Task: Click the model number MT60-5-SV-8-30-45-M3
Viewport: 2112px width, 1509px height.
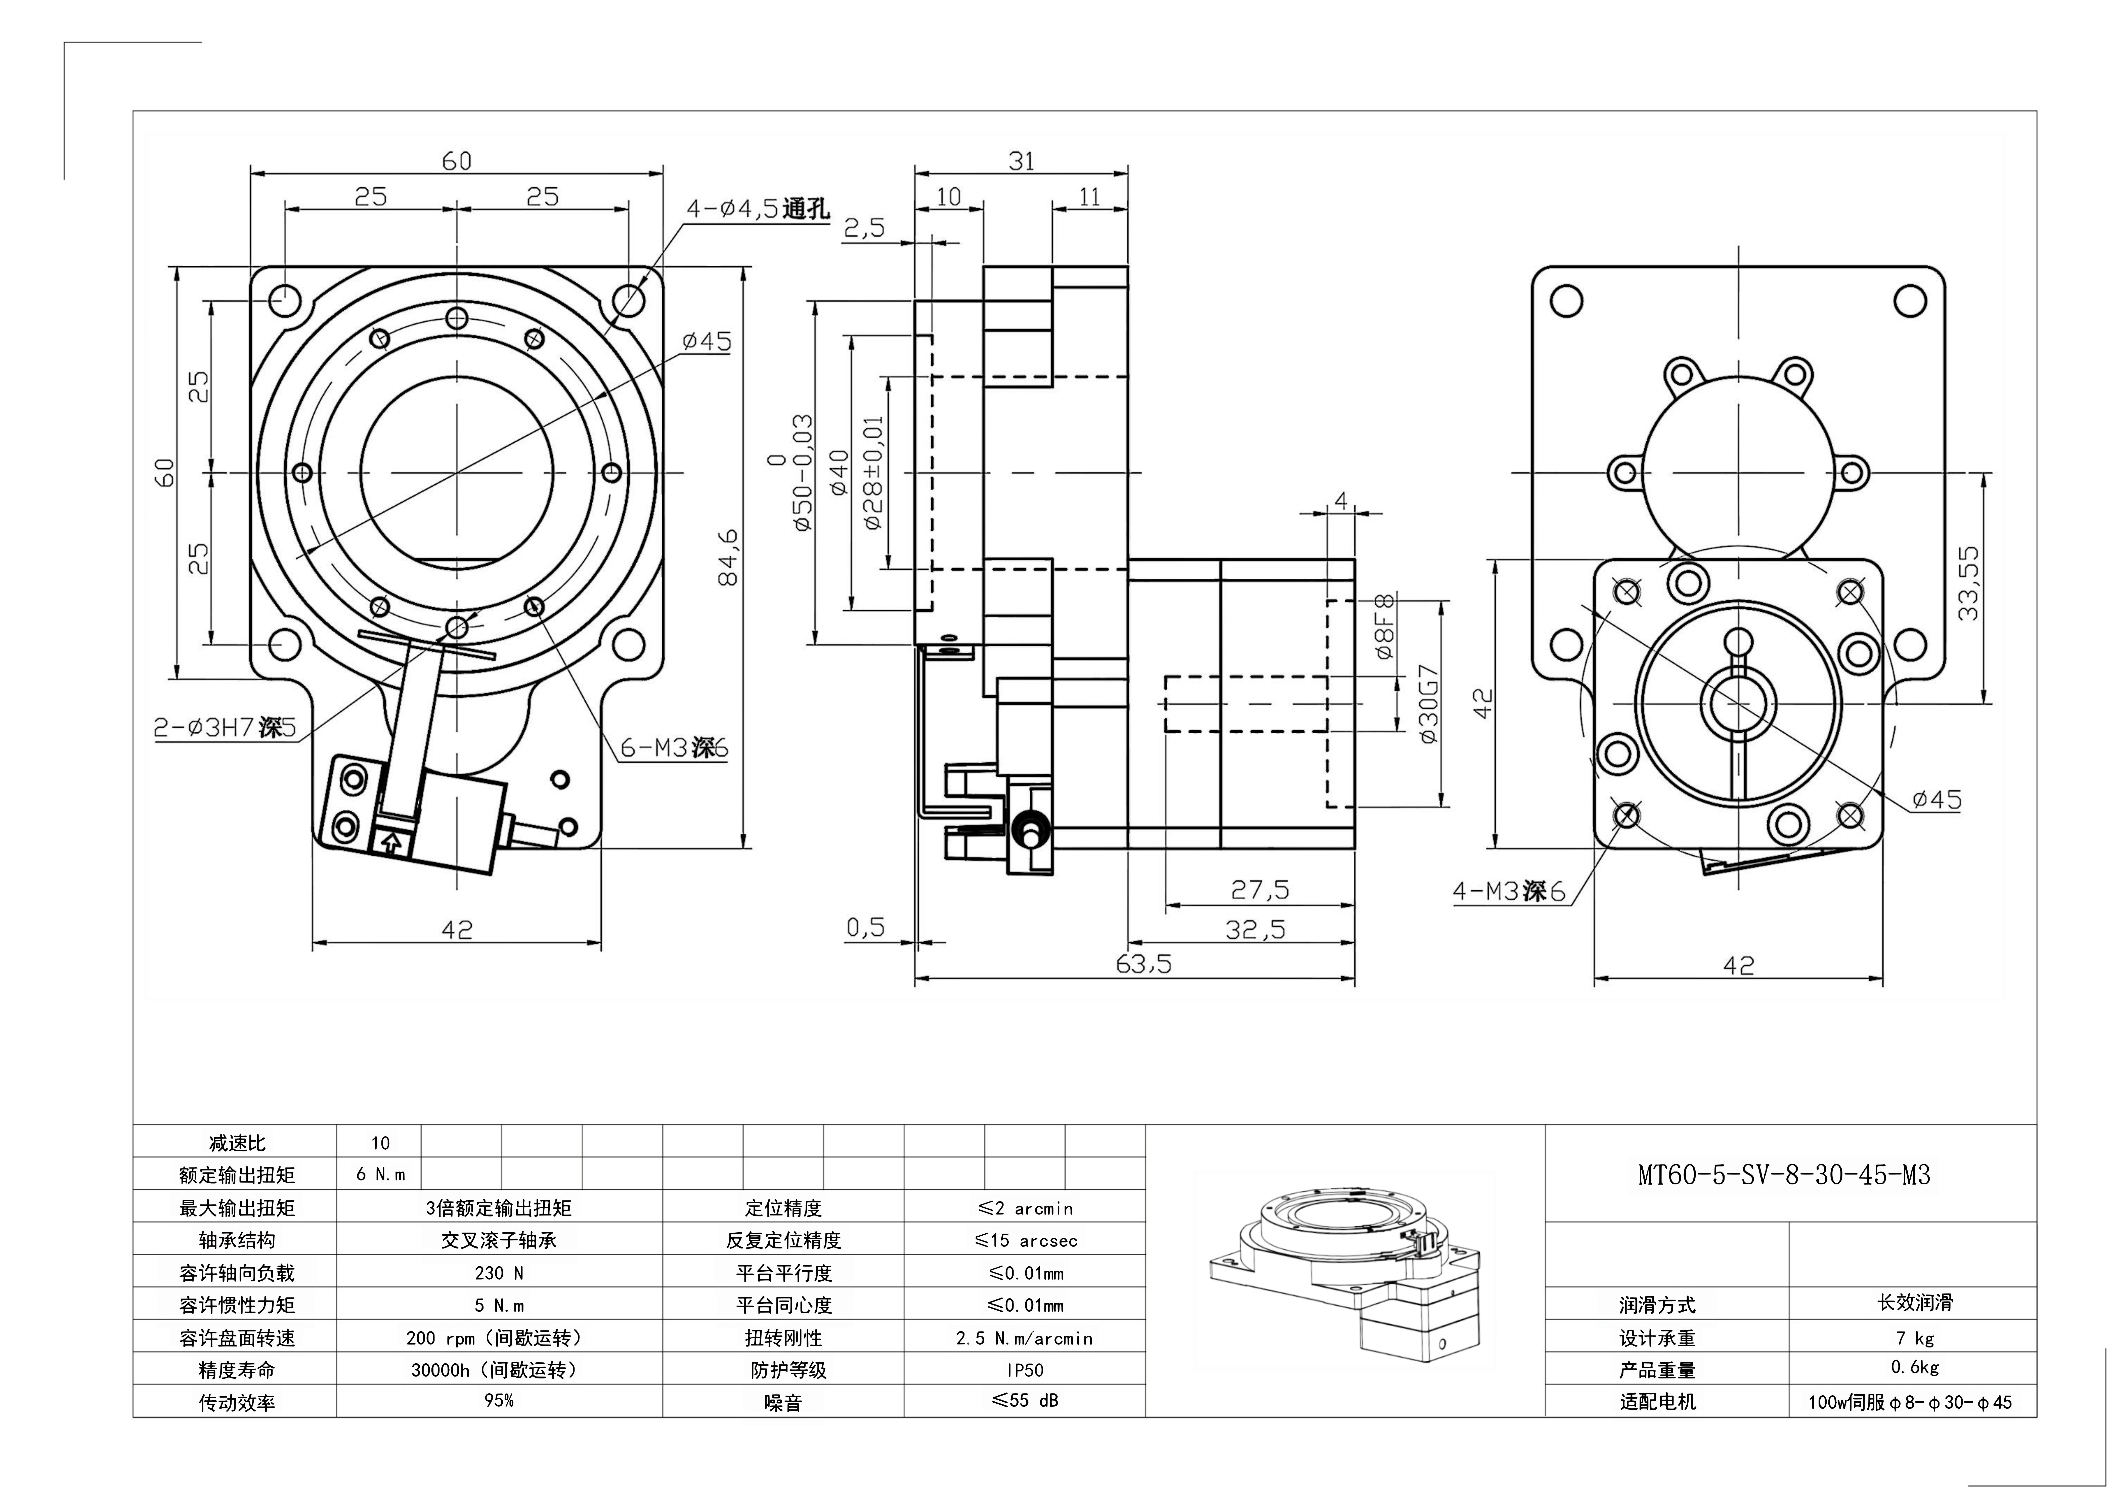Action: tap(1783, 1176)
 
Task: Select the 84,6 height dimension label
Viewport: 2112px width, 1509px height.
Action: tap(729, 558)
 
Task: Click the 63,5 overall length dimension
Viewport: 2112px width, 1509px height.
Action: tap(1143, 965)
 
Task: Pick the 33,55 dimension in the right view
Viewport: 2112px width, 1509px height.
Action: tap(1967, 583)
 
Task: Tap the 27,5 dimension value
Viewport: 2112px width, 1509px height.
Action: tap(1259, 890)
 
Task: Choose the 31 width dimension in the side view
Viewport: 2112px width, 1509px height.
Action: tap(1021, 162)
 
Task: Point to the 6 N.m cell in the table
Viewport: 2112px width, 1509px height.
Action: tap(380, 1175)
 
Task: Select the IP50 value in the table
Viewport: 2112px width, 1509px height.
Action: tap(1024, 1370)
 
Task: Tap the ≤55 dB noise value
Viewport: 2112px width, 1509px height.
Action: tap(1024, 1400)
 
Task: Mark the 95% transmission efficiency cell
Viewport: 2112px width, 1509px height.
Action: tap(499, 1400)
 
